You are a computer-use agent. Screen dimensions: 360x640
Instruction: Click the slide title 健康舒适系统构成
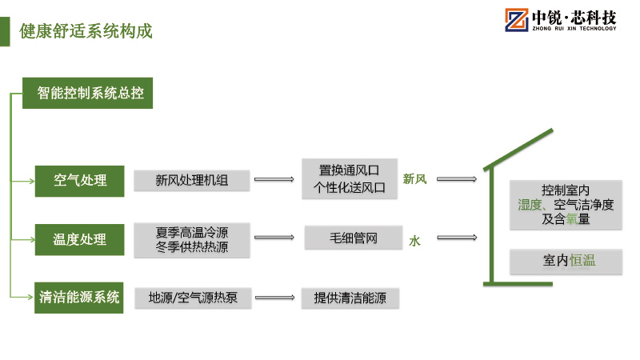tap(86, 32)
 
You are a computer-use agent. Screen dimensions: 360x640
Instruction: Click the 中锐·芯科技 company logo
tap(560, 20)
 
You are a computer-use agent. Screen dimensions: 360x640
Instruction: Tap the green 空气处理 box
tap(79, 180)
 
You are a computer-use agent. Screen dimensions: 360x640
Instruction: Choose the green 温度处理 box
tap(79, 239)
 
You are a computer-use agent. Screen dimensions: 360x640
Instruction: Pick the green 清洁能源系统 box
tap(79, 298)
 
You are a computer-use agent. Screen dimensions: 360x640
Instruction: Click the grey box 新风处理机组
tap(191, 181)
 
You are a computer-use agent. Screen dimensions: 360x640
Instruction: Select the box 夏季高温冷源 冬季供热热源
tap(191, 240)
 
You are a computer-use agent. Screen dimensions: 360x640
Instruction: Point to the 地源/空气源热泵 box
tap(191, 298)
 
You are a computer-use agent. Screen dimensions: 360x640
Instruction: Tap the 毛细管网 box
tap(352, 238)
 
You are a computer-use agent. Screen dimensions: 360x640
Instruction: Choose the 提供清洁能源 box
tap(350, 298)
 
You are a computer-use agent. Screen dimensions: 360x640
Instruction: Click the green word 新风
tap(414, 179)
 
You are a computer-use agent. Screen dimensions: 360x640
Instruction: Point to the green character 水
tap(414, 239)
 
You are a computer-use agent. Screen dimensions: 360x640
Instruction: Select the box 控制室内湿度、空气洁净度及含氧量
tap(565, 205)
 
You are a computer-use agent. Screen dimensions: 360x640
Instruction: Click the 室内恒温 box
tap(565, 261)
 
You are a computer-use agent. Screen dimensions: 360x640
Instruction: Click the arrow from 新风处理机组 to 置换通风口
tap(274, 180)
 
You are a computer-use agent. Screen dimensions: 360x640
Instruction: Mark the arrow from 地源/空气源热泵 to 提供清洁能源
tap(274, 298)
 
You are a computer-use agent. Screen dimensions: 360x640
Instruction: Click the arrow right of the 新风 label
tap(458, 179)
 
